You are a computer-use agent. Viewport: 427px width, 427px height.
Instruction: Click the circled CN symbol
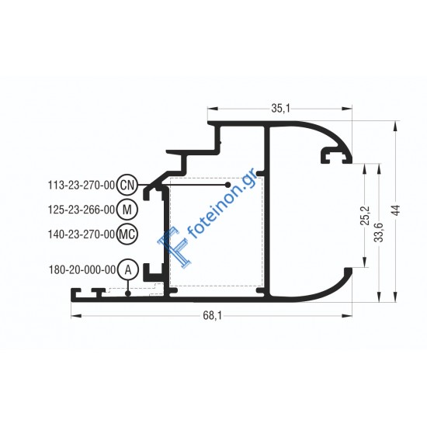click(129, 185)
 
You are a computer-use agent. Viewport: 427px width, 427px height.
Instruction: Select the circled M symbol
click(129, 209)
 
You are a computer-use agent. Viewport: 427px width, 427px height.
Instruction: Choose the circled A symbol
click(129, 269)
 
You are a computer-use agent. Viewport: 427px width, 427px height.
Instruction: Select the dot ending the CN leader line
click(227, 186)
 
